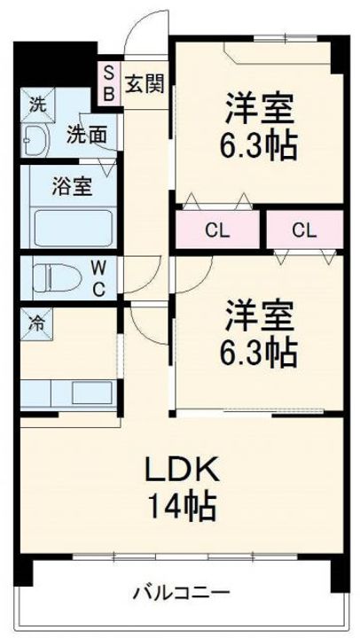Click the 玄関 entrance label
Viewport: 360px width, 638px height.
142,84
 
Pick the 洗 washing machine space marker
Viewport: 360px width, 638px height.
35,103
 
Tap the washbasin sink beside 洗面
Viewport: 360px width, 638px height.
38,140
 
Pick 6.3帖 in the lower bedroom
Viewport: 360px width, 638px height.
258,352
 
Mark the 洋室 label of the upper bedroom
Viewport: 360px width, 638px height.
258,108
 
